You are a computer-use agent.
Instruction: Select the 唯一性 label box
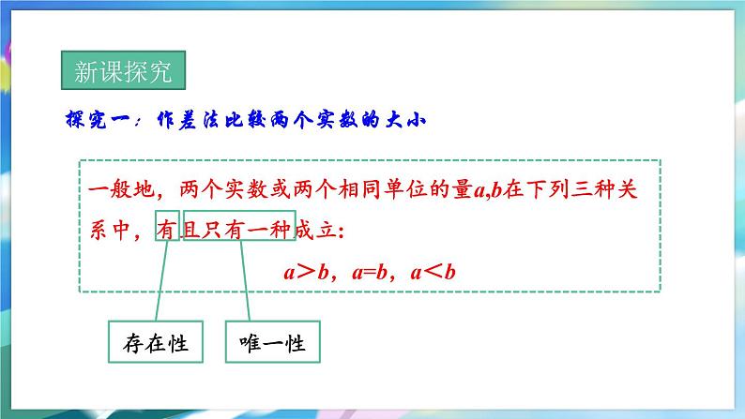(273, 343)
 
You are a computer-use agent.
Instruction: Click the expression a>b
(302, 273)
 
